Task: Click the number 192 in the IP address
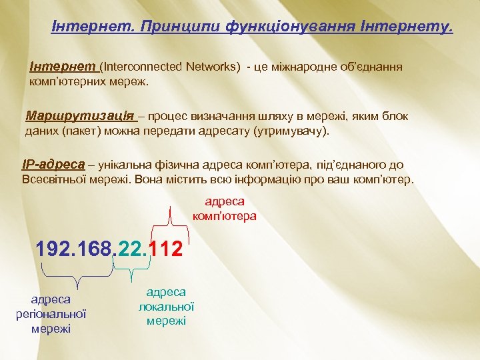[54, 249]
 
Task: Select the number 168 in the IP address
[95, 249]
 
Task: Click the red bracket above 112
[171, 220]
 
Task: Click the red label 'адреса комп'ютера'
[224, 209]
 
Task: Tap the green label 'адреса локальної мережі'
[166, 306]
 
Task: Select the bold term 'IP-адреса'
[53, 165]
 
